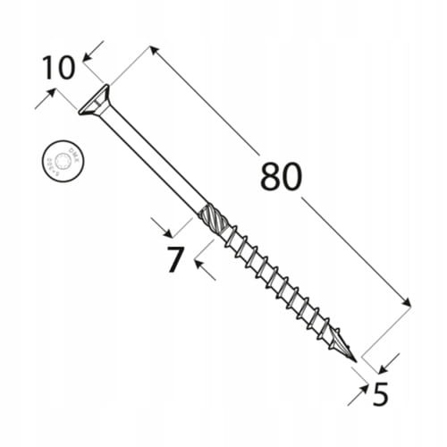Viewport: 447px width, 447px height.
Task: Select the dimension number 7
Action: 175,259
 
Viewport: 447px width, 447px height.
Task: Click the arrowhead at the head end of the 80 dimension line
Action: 154,52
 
